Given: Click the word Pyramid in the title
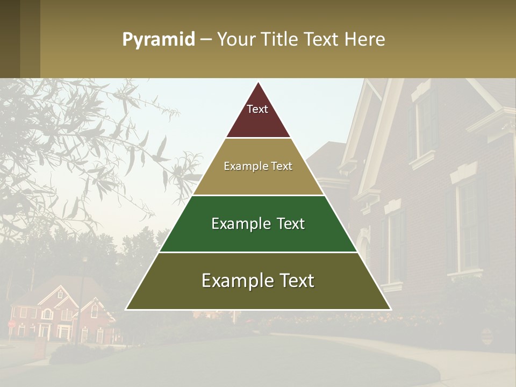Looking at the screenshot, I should (x=159, y=40).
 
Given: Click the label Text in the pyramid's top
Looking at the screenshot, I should (x=257, y=109).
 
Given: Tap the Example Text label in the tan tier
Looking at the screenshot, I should (x=258, y=166).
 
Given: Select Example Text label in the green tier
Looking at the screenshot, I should (x=258, y=224).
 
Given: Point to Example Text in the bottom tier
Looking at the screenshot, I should (x=258, y=281).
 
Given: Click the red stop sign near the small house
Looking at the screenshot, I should (x=12, y=324).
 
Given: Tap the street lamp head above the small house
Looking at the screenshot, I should (x=84, y=260).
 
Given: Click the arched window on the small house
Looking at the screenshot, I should (x=47, y=313).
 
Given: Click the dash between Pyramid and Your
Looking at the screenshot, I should (x=205, y=40).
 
